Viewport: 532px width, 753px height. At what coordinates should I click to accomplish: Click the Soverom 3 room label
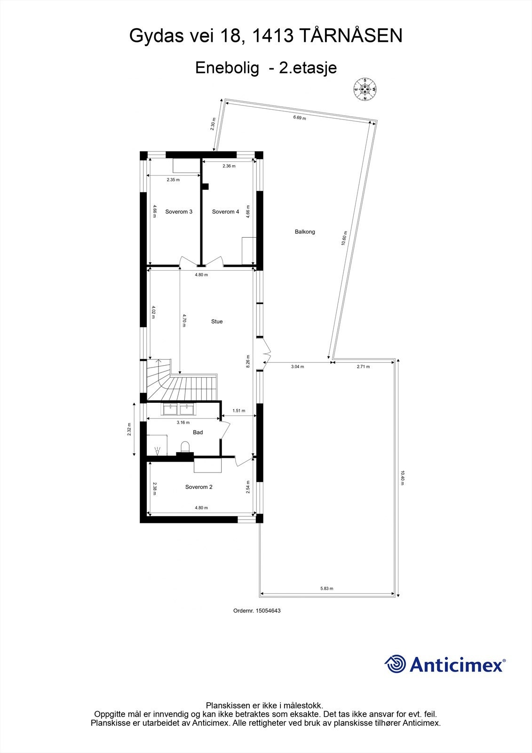(x=179, y=212)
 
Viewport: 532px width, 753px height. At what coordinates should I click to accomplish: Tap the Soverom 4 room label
(x=225, y=212)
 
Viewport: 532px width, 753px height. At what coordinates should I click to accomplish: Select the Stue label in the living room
(x=217, y=321)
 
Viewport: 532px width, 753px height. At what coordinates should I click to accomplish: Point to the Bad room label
(x=198, y=432)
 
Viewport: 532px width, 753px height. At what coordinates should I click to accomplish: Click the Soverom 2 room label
(x=199, y=487)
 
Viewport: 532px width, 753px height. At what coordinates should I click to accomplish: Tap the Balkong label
(x=305, y=232)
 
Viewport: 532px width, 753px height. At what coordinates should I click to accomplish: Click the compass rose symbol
(x=365, y=89)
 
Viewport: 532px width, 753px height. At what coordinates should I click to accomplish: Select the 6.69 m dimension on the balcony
(x=300, y=118)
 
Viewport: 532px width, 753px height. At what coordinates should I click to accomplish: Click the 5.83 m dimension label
(x=326, y=588)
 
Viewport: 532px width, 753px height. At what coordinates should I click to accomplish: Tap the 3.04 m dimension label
(x=297, y=367)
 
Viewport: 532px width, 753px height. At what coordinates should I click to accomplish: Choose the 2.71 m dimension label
(x=363, y=367)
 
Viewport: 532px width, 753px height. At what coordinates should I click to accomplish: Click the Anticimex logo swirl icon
(x=395, y=664)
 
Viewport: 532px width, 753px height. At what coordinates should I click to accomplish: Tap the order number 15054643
(x=268, y=610)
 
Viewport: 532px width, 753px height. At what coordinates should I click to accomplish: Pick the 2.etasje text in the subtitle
(x=308, y=68)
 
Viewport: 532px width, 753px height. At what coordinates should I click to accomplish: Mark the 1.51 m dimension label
(x=239, y=411)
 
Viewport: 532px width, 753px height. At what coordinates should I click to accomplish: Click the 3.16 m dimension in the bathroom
(x=183, y=423)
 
